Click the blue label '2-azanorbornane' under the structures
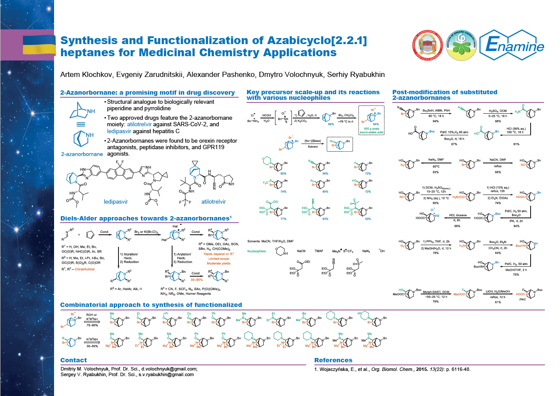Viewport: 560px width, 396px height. pyautogui.click(x=82, y=153)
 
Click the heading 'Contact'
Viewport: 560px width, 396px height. pyautogui.click(x=74, y=360)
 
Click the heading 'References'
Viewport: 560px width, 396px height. pyautogui.click(x=333, y=360)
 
